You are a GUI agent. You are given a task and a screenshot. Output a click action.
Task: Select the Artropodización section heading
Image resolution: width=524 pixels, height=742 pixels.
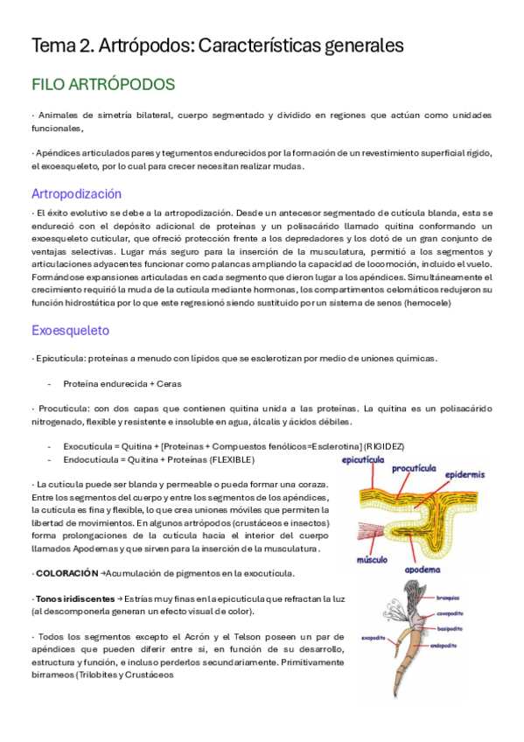point(76,193)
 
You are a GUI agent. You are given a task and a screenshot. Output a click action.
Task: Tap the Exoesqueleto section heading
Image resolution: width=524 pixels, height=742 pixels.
point(70,330)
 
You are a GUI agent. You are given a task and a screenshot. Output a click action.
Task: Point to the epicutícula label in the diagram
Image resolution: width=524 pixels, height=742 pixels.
point(364,458)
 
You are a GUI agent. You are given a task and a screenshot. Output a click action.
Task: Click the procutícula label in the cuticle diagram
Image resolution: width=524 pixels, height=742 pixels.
point(414,469)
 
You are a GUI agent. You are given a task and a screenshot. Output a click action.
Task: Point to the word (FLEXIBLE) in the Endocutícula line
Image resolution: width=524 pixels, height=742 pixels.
point(232,459)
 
